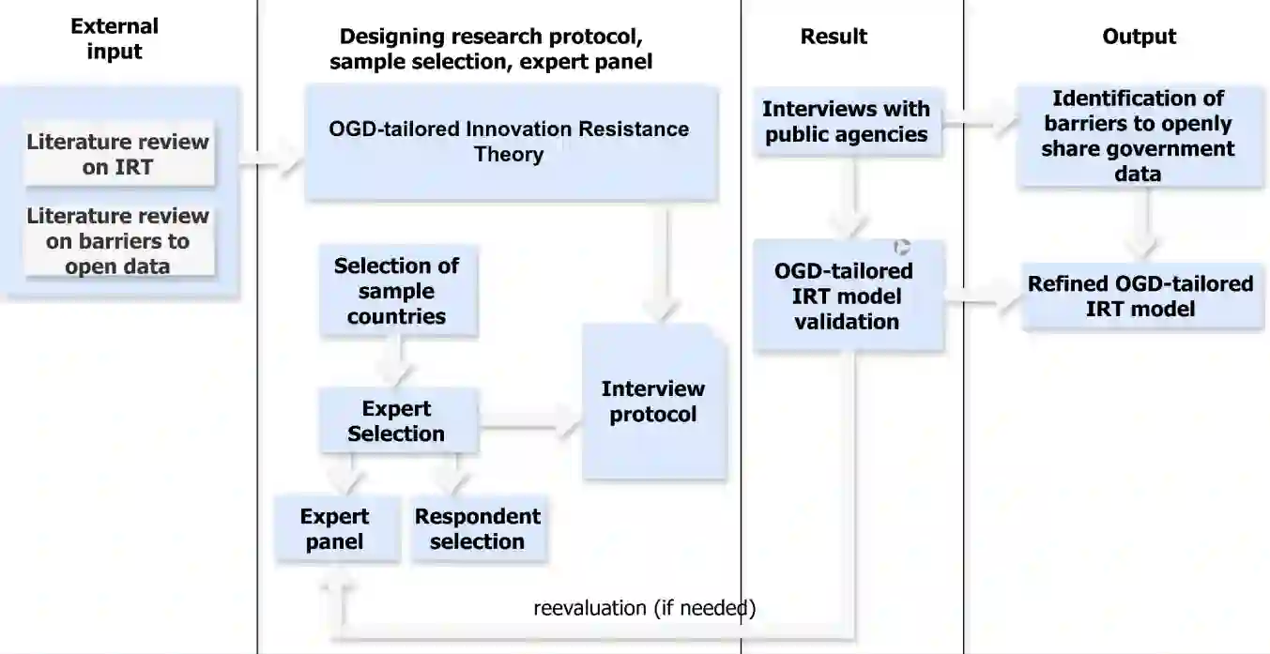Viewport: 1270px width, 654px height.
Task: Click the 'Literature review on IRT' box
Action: click(x=118, y=155)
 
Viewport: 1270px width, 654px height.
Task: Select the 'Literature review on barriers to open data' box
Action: click(x=118, y=240)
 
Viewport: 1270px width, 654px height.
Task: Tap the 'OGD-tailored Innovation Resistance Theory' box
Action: click(x=510, y=142)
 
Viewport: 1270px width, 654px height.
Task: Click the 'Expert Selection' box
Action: click(x=396, y=421)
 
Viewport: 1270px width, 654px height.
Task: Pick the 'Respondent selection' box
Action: click(x=478, y=529)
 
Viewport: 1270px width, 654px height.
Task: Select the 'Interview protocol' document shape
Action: click(x=653, y=402)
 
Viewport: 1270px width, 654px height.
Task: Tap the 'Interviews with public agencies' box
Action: click(x=846, y=122)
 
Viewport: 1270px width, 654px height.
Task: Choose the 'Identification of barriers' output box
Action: click(x=1139, y=136)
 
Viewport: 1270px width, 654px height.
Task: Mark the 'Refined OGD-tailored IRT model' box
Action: click(x=1140, y=297)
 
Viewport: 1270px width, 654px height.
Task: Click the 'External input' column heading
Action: click(x=115, y=38)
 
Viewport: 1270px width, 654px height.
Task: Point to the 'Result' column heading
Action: click(x=834, y=37)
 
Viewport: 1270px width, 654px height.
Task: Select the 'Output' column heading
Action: click(x=1139, y=37)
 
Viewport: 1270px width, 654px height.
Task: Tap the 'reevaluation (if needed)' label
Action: click(x=644, y=607)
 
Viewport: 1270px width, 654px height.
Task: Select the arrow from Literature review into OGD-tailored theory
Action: click(x=272, y=167)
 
